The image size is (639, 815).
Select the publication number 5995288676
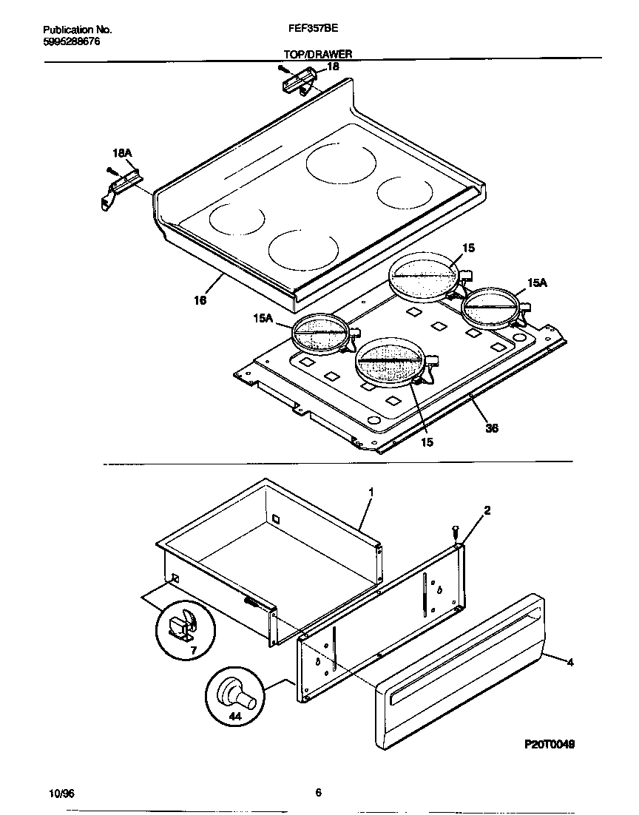(72, 41)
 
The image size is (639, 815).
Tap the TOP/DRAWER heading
(318, 54)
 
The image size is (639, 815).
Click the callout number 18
(333, 67)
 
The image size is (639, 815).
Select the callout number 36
(490, 427)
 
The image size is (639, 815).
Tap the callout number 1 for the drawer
(371, 492)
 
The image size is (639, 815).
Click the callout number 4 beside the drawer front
(569, 662)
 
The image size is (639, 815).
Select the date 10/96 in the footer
(59, 793)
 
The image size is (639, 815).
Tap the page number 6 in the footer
(318, 793)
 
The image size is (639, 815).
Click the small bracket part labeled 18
(299, 78)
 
